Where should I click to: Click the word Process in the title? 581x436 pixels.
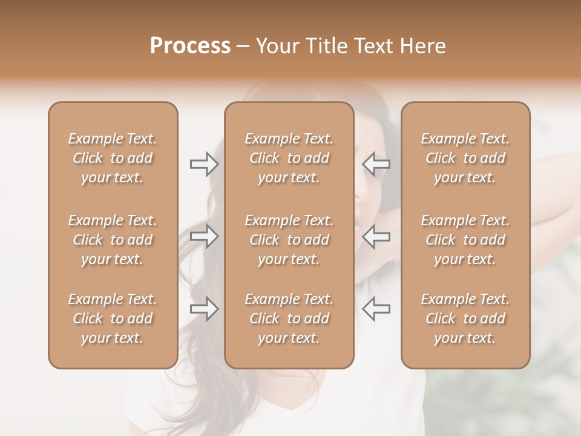click(x=190, y=45)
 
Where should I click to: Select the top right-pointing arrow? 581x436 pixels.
click(x=204, y=164)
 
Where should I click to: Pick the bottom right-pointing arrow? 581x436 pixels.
click(x=204, y=308)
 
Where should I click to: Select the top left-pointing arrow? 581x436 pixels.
click(x=376, y=164)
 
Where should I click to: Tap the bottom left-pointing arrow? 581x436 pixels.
click(x=376, y=308)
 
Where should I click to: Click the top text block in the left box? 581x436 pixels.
click(x=113, y=158)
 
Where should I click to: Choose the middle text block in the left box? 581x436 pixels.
click(x=113, y=240)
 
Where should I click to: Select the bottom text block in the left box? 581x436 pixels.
click(x=113, y=319)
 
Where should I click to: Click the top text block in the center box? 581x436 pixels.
click(x=289, y=158)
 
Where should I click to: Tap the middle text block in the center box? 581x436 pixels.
click(x=289, y=240)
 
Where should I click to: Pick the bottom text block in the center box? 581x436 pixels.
click(x=289, y=319)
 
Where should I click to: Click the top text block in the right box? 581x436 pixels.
click(x=465, y=158)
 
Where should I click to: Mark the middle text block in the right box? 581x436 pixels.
click(x=465, y=240)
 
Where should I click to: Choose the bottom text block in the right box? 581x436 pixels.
click(x=465, y=319)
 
